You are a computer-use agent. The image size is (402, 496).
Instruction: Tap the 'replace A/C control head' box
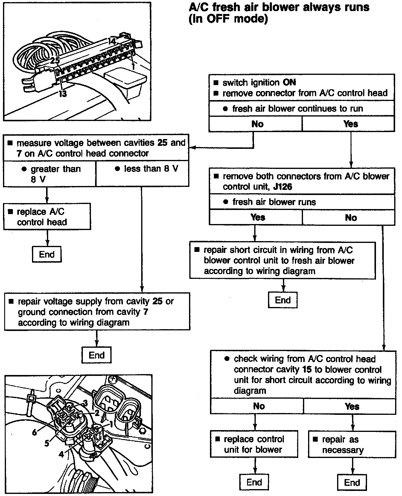click(x=47, y=217)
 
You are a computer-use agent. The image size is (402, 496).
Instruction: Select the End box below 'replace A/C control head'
click(x=47, y=254)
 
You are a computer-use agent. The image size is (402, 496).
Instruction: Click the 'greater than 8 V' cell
click(x=50, y=174)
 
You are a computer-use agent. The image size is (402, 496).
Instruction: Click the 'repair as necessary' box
click(x=352, y=444)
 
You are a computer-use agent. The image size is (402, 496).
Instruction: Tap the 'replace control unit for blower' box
click(x=254, y=444)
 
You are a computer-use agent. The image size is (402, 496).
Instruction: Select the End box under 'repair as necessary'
click(x=352, y=482)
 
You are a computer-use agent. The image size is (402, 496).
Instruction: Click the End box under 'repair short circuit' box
click(x=283, y=300)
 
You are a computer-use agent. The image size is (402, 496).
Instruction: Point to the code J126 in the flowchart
click(x=283, y=187)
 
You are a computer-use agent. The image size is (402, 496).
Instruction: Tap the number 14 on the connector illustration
click(x=112, y=42)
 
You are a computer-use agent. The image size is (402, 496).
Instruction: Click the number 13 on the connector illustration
click(x=63, y=94)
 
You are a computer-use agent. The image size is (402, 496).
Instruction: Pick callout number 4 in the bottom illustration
click(x=61, y=454)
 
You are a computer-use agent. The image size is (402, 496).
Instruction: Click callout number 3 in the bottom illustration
click(x=85, y=403)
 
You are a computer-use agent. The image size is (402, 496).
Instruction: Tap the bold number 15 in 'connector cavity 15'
click(x=307, y=369)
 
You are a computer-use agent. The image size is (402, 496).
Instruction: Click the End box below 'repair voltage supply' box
click(x=97, y=355)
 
